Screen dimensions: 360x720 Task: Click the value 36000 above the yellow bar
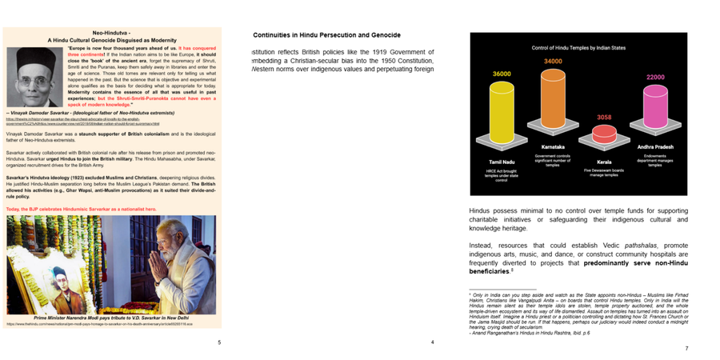pyautogui.click(x=502, y=74)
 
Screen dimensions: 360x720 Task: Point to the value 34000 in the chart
pyautogui.click(x=553, y=62)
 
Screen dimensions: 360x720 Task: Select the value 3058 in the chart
pyautogui.click(x=604, y=117)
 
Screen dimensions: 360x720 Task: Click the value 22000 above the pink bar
pyautogui.click(x=655, y=78)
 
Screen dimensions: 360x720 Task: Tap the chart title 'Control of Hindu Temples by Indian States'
pyautogui.click(x=578, y=48)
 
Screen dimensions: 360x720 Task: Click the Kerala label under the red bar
pyautogui.click(x=604, y=162)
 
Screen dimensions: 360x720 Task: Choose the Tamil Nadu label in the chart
pyautogui.click(x=502, y=162)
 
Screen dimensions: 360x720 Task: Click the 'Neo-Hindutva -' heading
pyautogui.click(x=112, y=32)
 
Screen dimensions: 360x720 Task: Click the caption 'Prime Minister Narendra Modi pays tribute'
pyautogui.click(x=112, y=318)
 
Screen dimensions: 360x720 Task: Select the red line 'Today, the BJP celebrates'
pyautogui.click(x=81, y=209)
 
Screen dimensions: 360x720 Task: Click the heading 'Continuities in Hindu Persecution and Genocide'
pyautogui.click(x=326, y=35)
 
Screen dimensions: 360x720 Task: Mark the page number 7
pyautogui.click(x=686, y=349)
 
